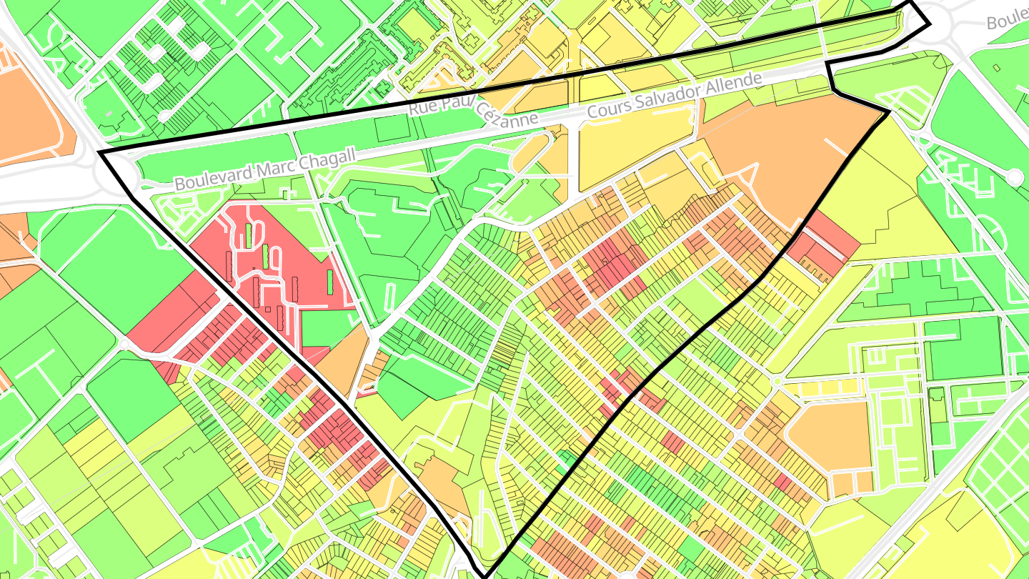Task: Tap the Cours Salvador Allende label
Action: click(x=675, y=96)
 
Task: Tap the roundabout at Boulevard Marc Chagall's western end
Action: click(x=118, y=175)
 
